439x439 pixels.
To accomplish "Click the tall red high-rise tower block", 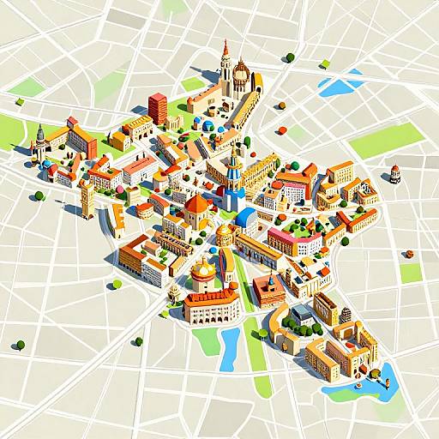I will click(x=158, y=108).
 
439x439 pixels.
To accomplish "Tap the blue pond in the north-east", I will click(x=337, y=86).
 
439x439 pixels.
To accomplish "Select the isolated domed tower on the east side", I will click(x=395, y=173).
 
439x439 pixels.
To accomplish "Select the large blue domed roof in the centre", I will click(x=246, y=218).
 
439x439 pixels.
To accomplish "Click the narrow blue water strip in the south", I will click(x=229, y=348).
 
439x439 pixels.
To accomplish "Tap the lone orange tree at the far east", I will click(x=409, y=254).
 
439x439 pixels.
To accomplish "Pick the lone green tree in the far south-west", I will click(x=20, y=345).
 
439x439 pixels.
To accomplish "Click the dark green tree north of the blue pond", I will click(x=290, y=58).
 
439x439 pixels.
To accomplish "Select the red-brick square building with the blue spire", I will click(x=269, y=290).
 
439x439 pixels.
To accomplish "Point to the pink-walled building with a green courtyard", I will click(x=295, y=240).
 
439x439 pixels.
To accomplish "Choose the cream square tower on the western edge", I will click(x=87, y=200).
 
